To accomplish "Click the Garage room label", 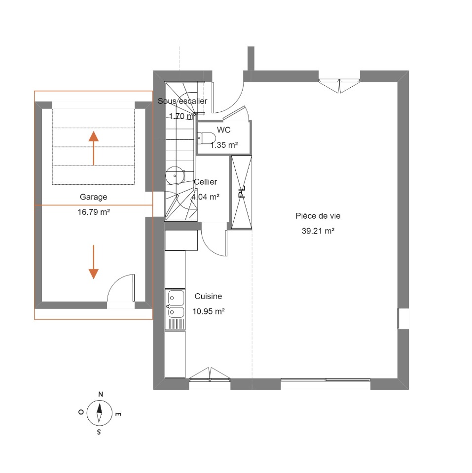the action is [x=93, y=197].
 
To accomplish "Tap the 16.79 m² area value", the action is [x=94, y=212].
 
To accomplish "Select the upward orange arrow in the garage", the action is [x=94, y=148].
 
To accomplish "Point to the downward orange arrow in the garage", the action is [x=94, y=262].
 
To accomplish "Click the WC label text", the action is [x=224, y=130].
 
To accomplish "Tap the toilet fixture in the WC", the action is [x=206, y=138].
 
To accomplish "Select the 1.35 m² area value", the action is [x=224, y=145].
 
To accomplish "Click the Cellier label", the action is [x=205, y=182].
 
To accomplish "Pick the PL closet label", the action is [x=242, y=192].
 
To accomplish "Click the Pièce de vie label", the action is [x=318, y=216].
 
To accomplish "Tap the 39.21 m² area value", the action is [x=318, y=231].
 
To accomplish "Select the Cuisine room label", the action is [x=208, y=296].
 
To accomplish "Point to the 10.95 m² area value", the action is [x=209, y=311].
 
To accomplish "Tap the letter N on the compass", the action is [x=101, y=394].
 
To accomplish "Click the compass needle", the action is [x=99, y=413].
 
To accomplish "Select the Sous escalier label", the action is [x=182, y=101].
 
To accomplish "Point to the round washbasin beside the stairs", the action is [x=175, y=175].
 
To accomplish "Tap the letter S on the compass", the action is [x=99, y=432].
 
